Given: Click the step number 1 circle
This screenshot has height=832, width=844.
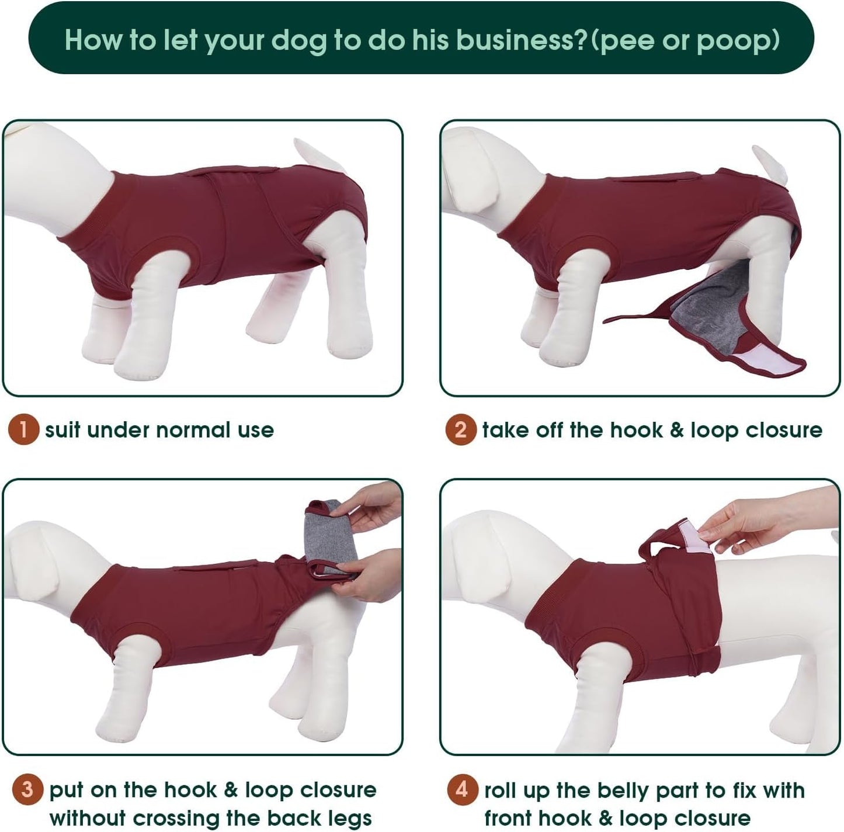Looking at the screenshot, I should click(x=23, y=429).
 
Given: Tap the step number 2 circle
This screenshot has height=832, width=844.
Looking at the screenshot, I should click(x=460, y=429).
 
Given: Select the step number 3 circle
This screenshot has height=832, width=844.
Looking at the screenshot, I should click(x=27, y=789).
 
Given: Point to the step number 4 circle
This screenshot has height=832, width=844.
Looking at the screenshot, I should click(x=462, y=789).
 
